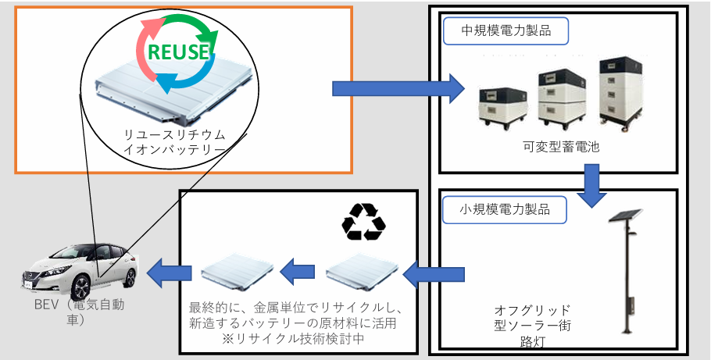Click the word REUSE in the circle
[178, 52]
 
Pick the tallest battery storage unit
[623, 90]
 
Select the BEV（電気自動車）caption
[74, 311]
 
